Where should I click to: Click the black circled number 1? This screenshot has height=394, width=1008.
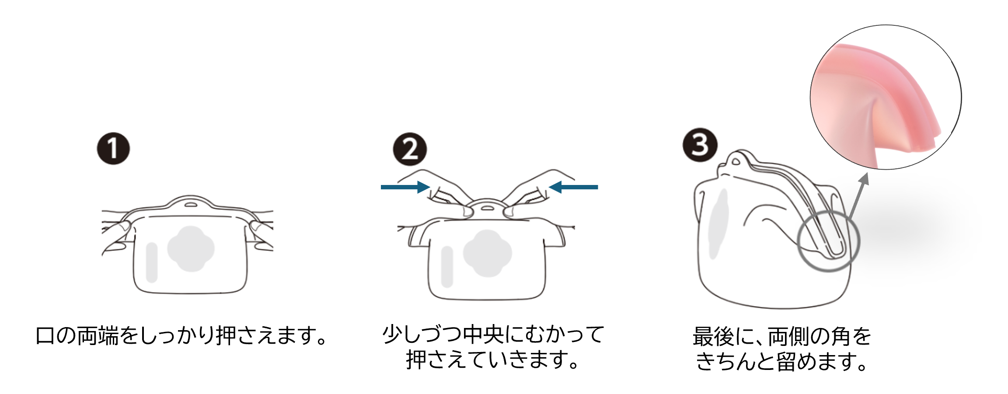pyautogui.click(x=113, y=149)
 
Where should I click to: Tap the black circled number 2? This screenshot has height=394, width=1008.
pyautogui.click(x=410, y=149)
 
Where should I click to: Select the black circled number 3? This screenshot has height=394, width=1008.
pyautogui.click(x=700, y=145)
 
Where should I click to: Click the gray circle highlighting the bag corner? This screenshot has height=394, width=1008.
pyautogui.click(x=828, y=241)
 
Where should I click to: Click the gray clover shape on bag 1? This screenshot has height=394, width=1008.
pyautogui.click(x=191, y=249)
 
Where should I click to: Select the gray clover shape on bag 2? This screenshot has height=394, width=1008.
pyautogui.click(x=487, y=254)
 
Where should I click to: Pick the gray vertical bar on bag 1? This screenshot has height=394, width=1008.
pyautogui.click(x=152, y=262)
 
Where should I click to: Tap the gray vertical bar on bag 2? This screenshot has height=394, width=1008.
pyautogui.click(x=447, y=267)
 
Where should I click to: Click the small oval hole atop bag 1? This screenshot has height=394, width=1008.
pyautogui.click(x=190, y=205)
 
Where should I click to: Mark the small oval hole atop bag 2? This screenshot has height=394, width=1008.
pyautogui.click(x=486, y=208)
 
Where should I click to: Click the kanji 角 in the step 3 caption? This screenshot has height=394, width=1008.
pyautogui.click(x=840, y=336)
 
